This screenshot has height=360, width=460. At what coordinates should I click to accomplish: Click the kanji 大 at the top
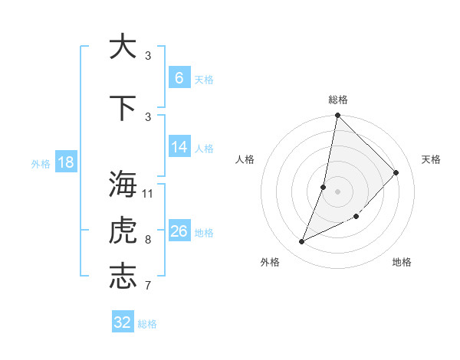coord(122,47)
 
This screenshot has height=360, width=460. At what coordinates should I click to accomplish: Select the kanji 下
coord(122,108)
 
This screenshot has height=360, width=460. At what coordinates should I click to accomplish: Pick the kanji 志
coord(122,276)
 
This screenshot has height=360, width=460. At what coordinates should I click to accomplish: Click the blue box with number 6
coord(179,77)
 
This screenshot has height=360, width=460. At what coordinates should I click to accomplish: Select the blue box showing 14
coord(179,148)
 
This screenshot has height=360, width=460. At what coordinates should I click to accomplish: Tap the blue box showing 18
coord(65,162)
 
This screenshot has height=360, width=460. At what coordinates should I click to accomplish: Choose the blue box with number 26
coord(179,231)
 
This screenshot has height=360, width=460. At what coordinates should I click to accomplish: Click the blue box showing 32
coord(123,322)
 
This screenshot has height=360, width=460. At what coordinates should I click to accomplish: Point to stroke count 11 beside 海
coord(148,193)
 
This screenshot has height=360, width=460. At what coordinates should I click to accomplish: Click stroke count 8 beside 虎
coord(148,239)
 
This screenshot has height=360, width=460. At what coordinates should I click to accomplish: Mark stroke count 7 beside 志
coord(148,286)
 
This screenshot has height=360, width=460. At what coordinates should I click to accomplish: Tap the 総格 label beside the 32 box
coord(147,324)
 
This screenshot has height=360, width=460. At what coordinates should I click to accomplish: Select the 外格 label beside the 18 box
coord(41,163)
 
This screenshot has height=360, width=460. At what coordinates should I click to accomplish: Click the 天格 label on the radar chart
coord(431,159)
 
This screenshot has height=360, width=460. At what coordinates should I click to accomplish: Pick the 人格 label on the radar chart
coord(245,159)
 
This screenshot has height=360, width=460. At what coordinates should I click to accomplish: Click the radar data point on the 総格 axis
coord(337,116)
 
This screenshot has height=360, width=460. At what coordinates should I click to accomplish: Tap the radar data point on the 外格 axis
coord(302,242)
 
